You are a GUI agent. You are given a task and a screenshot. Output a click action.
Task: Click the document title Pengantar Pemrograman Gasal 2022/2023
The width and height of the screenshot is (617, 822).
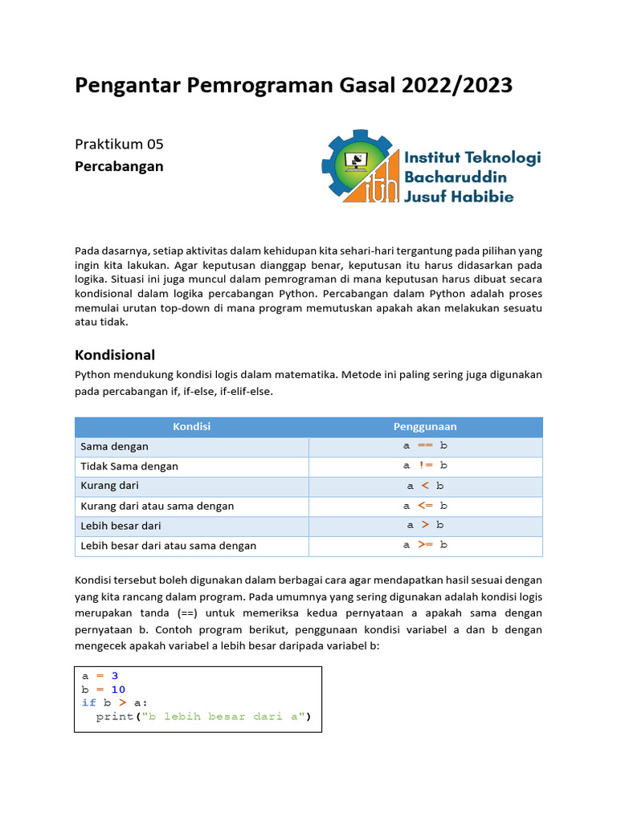coord(293,85)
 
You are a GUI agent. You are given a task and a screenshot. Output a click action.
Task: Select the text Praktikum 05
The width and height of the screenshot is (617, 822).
coord(119,144)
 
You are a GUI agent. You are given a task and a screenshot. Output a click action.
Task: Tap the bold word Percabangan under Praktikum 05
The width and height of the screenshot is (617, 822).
coord(119,166)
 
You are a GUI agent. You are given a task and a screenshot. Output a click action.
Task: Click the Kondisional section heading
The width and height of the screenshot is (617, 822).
coord(115,355)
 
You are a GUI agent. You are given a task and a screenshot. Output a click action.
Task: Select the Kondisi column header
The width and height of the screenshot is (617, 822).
coord(191,427)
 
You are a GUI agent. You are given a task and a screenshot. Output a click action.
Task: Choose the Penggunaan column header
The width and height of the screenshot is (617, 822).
coord(425,427)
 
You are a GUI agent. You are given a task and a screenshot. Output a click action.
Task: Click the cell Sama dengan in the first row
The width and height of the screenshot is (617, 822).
coord(115,446)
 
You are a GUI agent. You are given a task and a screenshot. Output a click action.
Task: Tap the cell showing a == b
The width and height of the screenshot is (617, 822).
coord(425,446)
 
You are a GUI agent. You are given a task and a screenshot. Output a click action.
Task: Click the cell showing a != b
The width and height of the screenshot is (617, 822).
coord(425,466)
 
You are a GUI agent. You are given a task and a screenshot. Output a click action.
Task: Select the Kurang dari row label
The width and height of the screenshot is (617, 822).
coord(110,486)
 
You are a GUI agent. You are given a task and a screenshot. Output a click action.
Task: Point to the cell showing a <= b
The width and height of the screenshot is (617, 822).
coord(425,506)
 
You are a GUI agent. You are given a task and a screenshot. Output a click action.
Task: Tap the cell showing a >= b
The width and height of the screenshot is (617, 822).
coord(425,545)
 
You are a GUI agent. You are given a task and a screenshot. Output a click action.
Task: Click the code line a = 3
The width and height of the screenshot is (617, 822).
coord(100,676)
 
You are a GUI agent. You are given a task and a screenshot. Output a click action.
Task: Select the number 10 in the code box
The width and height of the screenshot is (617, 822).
coord(118,690)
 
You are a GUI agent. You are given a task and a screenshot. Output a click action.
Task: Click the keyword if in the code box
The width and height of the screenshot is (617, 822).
coord(88,703)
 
